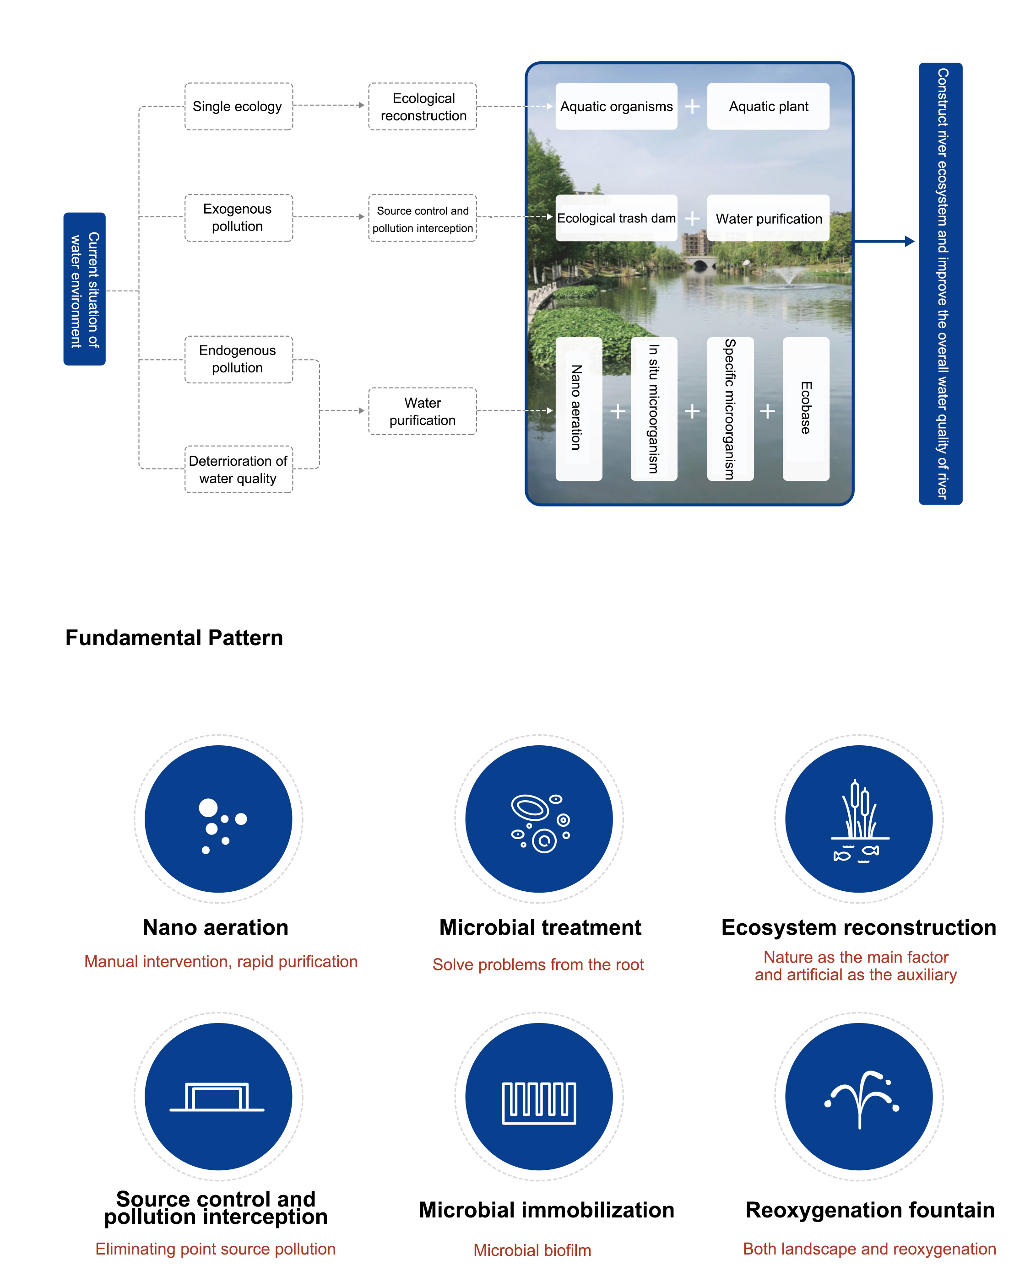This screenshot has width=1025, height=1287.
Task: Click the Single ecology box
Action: pos(238,106)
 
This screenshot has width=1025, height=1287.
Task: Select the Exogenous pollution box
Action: pos(238,217)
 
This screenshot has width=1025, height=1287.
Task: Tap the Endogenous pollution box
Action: pos(238,359)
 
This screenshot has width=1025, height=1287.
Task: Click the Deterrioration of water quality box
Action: pos(238,469)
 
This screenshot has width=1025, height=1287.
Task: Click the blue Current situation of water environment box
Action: pos(84,289)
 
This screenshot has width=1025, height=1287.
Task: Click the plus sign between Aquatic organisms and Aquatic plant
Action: pos(692,106)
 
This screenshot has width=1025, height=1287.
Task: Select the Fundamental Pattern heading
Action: pos(174,637)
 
